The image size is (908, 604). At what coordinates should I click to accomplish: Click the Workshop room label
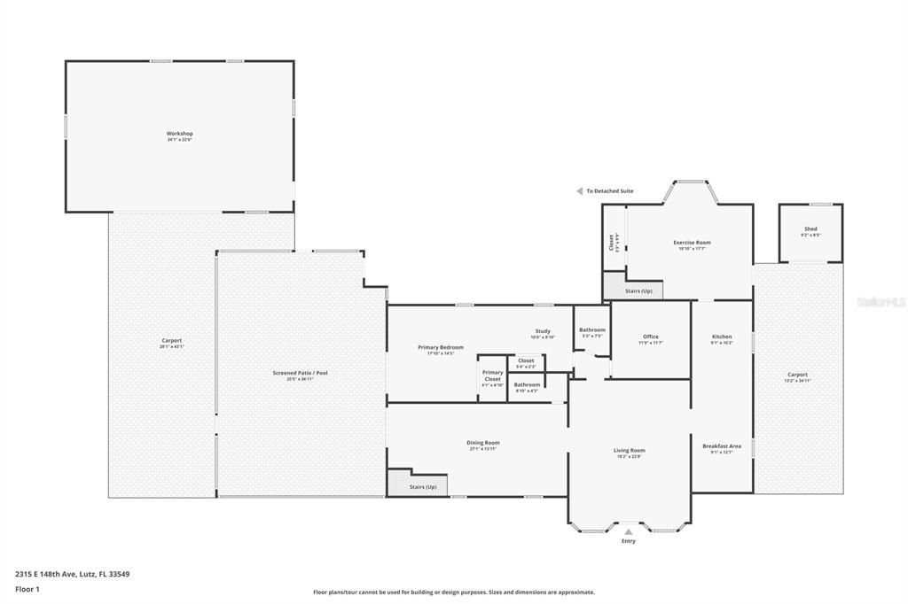pyautogui.click(x=179, y=134)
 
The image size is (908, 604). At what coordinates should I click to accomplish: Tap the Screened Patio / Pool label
pyautogui.click(x=301, y=373)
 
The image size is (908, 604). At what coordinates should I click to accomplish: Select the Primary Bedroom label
pyautogui.click(x=441, y=347)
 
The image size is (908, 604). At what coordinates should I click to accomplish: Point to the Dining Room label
pyautogui.click(x=483, y=443)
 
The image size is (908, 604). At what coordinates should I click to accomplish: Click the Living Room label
pyautogui.click(x=629, y=450)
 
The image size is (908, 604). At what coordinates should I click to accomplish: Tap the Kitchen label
pyautogui.click(x=722, y=337)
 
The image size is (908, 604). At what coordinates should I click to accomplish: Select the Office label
pyautogui.click(x=651, y=337)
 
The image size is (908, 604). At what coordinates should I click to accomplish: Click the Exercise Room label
pyautogui.click(x=692, y=242)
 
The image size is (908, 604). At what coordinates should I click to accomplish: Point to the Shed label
pyautogui.click(x=810, y=228)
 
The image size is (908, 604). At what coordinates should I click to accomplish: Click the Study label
pyautogui.click(x=543, y=331)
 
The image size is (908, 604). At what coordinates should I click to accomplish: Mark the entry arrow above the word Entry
pyautogui.click(x=629, y=532)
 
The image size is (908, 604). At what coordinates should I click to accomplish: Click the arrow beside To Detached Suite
pyautogui.click(x=579, y=190)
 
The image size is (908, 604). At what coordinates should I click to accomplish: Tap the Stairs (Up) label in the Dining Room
pyautogui.click(x=423, y=487)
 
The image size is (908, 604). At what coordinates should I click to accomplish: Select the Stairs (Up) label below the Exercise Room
pyautogui.click(x=638, y=290)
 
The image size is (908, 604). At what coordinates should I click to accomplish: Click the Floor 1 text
pyautogui.click(x=27, y=588)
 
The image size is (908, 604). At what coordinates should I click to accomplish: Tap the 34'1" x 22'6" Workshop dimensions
pyautogui.click(x=179, y=140)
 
